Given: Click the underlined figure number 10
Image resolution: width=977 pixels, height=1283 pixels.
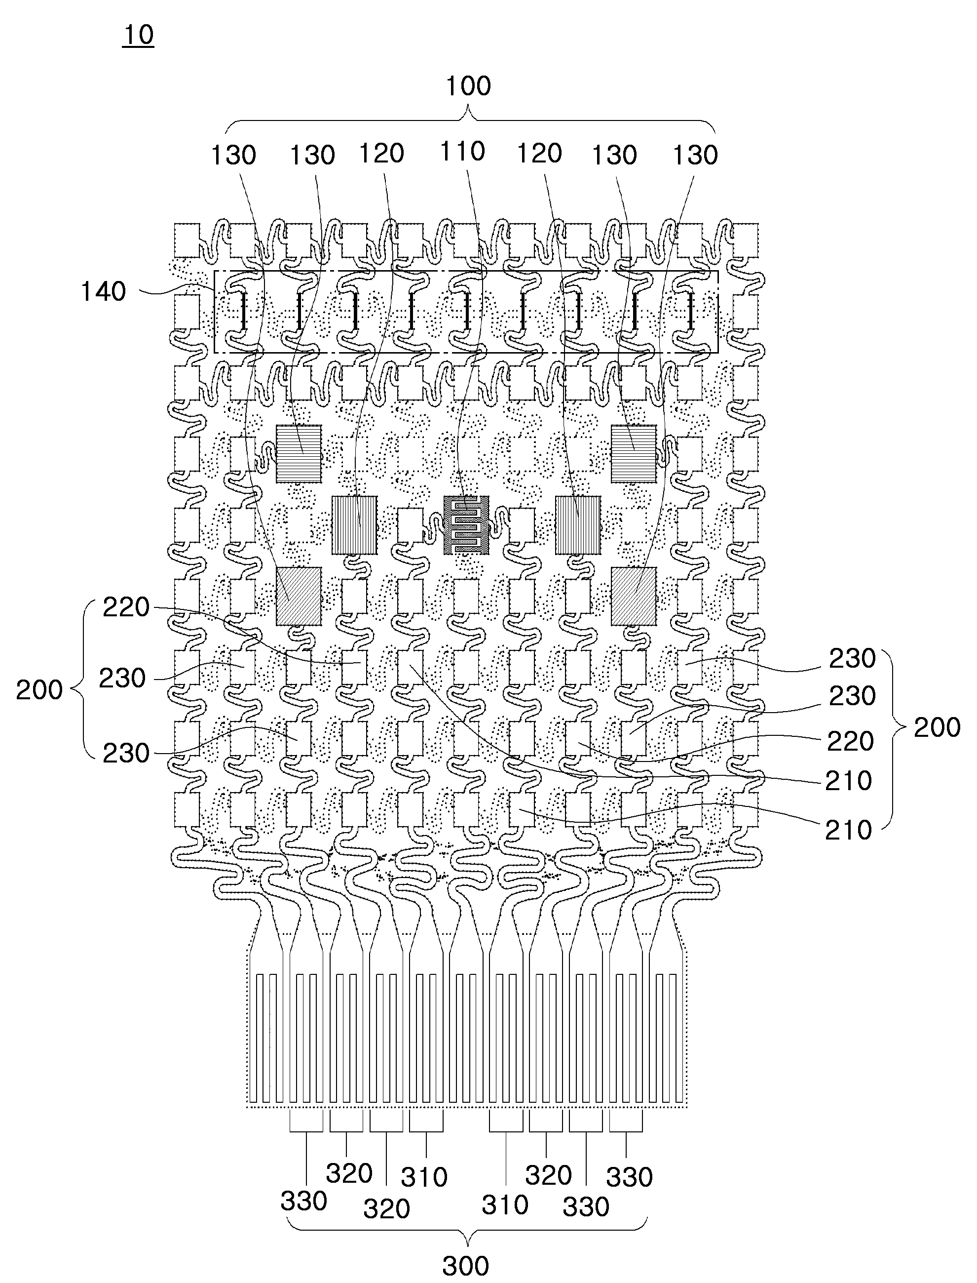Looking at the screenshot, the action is point(138,36).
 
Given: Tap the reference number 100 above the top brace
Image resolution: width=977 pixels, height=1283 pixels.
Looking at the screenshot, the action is point(468,86).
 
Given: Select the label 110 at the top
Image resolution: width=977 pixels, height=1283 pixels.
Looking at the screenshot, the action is point(462,152).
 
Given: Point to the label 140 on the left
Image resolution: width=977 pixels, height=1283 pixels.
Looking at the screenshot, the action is point(103,291).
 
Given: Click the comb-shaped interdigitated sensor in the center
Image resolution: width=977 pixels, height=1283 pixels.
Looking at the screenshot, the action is point(466,525).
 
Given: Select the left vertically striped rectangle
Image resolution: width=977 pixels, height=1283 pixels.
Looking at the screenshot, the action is point(354,525).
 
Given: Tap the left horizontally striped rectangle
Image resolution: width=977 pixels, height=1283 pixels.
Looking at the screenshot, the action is point(299,454).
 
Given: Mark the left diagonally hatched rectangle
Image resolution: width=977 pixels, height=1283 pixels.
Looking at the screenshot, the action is point(299,597).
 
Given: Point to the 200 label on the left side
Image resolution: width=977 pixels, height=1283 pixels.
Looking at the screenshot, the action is point(39,690).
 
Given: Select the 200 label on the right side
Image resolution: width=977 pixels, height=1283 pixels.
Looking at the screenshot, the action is point(937,727).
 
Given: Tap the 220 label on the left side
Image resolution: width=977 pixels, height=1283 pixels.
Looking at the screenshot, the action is point(126,607).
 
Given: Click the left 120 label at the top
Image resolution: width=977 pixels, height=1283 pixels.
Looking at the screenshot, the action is point(381,154).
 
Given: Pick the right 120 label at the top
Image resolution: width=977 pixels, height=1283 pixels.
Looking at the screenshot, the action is point(540,154).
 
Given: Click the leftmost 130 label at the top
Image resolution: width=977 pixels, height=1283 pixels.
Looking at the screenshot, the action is point(233,156).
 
